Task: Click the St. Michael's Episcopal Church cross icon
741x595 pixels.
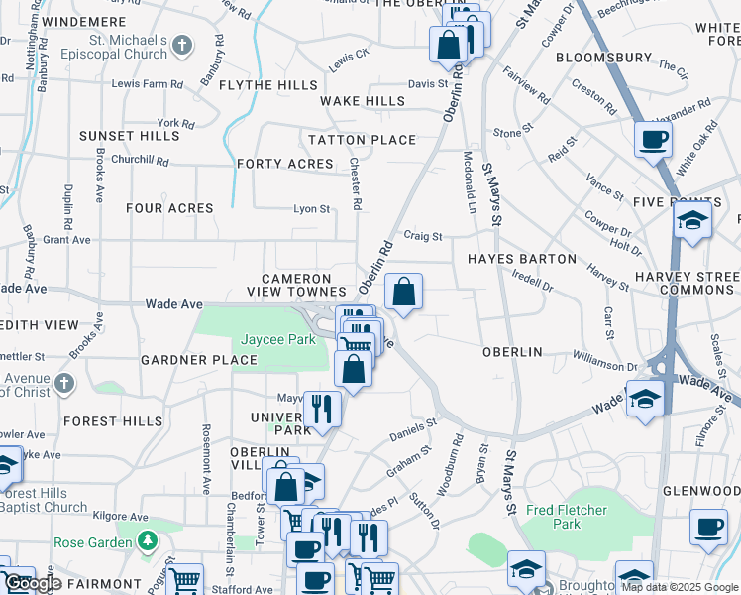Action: pyautogui.click(x=182, y=45)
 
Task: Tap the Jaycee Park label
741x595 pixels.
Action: pyautogui.click(x=277, y=339)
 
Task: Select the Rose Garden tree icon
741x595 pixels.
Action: pyautogui.click(x=148, y=541)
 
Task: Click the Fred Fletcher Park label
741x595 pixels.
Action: pyautogui.click(x=568, y=517)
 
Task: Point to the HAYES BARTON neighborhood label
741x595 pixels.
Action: pyautogui.click(x=521, y=259)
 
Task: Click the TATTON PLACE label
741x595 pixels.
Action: pyautogui.click(x=362, y=140)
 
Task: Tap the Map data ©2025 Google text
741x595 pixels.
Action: pyautogui.click(x=681, y=587)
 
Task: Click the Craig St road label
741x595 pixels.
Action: pyautogui.click(x=422, y=236)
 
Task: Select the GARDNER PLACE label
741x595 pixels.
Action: pyautogui.click(x=199, y=360)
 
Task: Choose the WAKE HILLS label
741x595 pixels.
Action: pyautogui.click(x=362, y=101)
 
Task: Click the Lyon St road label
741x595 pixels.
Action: pyautogui.click(x=311, y=208)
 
